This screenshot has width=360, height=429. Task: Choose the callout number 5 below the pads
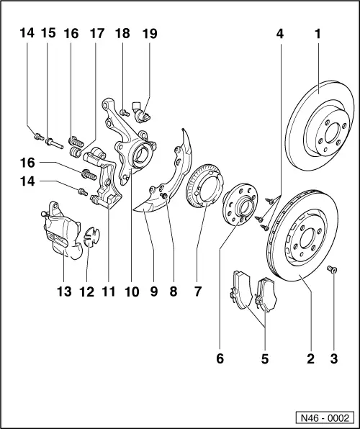click(264, 357)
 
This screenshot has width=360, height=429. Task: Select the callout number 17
click(96, 33)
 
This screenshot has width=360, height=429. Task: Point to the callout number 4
click(279, 33)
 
